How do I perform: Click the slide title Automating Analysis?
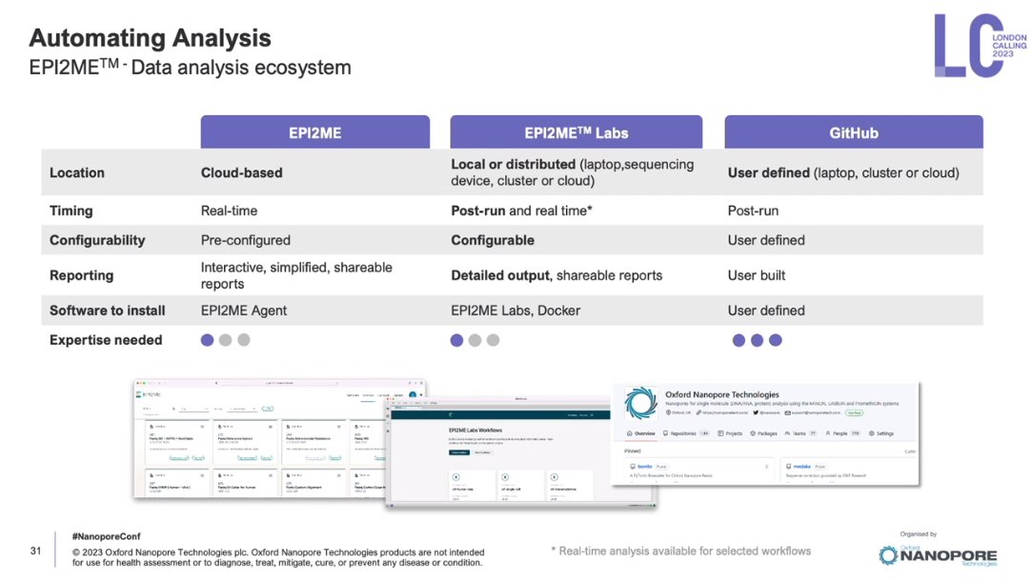point(150,38)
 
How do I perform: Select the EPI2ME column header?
point(314,133)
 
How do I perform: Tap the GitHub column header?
point(853,133)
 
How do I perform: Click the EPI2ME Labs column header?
point(576,133)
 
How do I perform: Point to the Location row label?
point(77,173)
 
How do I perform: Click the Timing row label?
point(71,211)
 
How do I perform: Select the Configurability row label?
point(97,240)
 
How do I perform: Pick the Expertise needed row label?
point(106,340)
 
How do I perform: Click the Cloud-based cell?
point(241,173)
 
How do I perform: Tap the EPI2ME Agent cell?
point(244,311)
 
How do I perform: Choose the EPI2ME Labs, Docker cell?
point(516,311)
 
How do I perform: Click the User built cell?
point(757,275)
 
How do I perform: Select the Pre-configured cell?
point(245,240)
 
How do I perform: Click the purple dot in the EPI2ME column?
point(207,340)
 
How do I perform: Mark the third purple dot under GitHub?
point(776,340)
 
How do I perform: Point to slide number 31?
point(36,552)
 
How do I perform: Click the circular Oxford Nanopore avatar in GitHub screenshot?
point(641,403)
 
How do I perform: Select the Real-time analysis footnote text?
point(680,551)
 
